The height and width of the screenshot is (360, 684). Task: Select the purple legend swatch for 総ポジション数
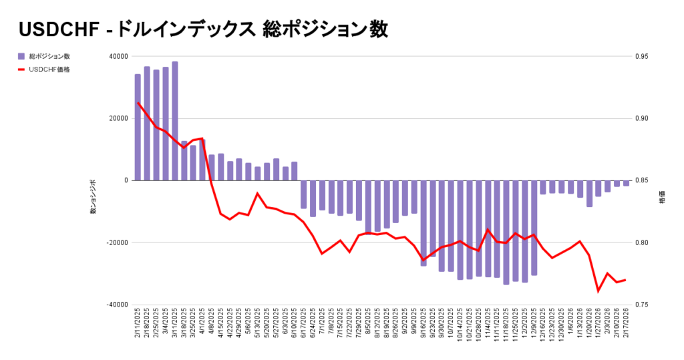pos(21,56)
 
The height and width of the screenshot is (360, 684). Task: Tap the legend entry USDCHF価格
pos(49,69)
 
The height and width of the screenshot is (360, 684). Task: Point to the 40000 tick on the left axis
pos(118,57)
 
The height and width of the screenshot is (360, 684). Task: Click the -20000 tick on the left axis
pos(117,242)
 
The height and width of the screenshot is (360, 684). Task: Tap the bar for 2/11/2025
pos(138,127)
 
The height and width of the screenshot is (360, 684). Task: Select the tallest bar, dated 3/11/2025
pos(174,121)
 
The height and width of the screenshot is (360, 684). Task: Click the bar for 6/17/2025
pos(304,194)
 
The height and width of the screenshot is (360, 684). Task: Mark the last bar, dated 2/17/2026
pos(626,183)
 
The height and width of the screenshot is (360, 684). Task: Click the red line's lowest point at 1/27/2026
pos(598,291)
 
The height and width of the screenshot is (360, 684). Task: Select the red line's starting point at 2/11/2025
pos(138,102)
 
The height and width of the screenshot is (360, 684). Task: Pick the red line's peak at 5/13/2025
pos(258,193)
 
